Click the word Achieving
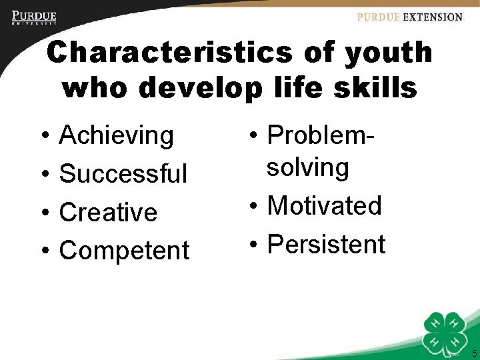(117, 136)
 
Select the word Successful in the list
(123, 174)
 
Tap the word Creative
(108, 213)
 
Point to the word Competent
(125, 251)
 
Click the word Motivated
(324, 206)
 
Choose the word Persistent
(326, 245)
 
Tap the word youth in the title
(389, 53)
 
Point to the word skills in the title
(377, 88)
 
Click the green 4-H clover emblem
(445, 331)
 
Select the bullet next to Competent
(43, 252)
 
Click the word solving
(308, 168)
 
